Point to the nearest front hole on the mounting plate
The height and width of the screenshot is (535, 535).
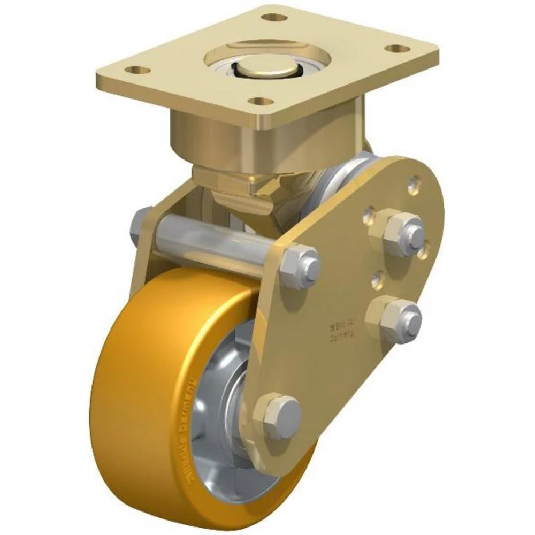tap(261, 101)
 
